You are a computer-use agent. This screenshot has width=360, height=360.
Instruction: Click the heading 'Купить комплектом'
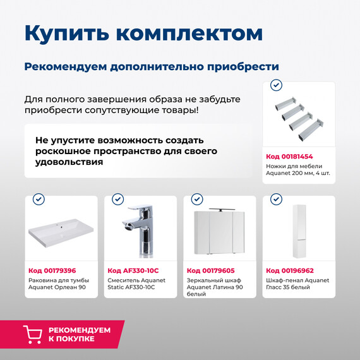143,33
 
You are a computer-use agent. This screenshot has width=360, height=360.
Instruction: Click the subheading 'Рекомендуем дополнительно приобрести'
152,66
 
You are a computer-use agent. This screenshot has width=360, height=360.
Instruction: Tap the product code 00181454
289,156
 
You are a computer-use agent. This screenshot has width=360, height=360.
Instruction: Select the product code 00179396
52,270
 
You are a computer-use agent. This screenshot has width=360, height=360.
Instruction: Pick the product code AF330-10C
132,270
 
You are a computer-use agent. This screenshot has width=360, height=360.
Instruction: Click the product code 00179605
210,270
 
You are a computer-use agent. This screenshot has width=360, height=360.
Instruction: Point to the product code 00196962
289,270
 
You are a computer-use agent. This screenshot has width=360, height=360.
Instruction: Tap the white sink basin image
61,233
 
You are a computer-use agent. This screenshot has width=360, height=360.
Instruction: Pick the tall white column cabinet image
299,231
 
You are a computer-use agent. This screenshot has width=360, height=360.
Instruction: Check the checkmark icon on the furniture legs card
276,85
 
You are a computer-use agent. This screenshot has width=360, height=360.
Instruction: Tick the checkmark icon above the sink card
39,200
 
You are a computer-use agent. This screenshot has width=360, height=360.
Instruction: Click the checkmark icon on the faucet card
117,200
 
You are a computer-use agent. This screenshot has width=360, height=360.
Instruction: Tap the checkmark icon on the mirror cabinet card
196,200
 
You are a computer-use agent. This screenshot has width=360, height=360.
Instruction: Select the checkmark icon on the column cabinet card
276,200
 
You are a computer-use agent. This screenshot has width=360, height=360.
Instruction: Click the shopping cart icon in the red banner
33,334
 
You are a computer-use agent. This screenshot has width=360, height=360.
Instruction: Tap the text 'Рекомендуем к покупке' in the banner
80,334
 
